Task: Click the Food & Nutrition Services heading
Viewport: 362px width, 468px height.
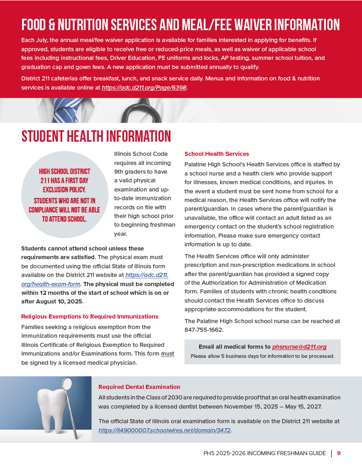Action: pyautogui.click(x=180, y=24)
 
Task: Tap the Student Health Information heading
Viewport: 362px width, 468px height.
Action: pyautogui.click(x=96, y=136)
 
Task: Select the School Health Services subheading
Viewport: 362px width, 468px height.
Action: pyautogui.click(x=216, y=154)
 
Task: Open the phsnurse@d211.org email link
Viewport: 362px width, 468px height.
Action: pyautogui.click(x=299, y=347)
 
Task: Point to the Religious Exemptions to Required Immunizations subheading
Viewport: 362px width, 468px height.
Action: pyautogui.click(x=90, y=316)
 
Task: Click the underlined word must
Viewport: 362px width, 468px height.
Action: pyautogui.click(x=167, y=354)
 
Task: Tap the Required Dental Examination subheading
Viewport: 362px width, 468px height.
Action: pyautogui.click(x=139, y=387)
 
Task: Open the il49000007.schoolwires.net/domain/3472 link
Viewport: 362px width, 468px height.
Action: pyautogui.click(x=165, y=430)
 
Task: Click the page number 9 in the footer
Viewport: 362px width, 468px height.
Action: pyautogui.click(x=339, y=453)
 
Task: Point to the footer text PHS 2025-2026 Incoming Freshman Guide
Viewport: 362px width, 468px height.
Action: pyautogui.click(x=265, y=453)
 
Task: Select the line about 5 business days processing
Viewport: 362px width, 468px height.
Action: pyautogui.click(x=262, y=356)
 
